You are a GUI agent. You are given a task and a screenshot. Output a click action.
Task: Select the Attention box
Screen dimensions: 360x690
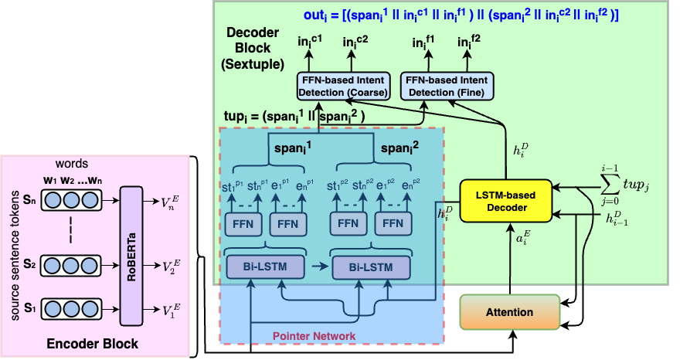tap(510, 311)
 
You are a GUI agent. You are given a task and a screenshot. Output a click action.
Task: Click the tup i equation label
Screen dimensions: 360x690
tap(297, 117)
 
